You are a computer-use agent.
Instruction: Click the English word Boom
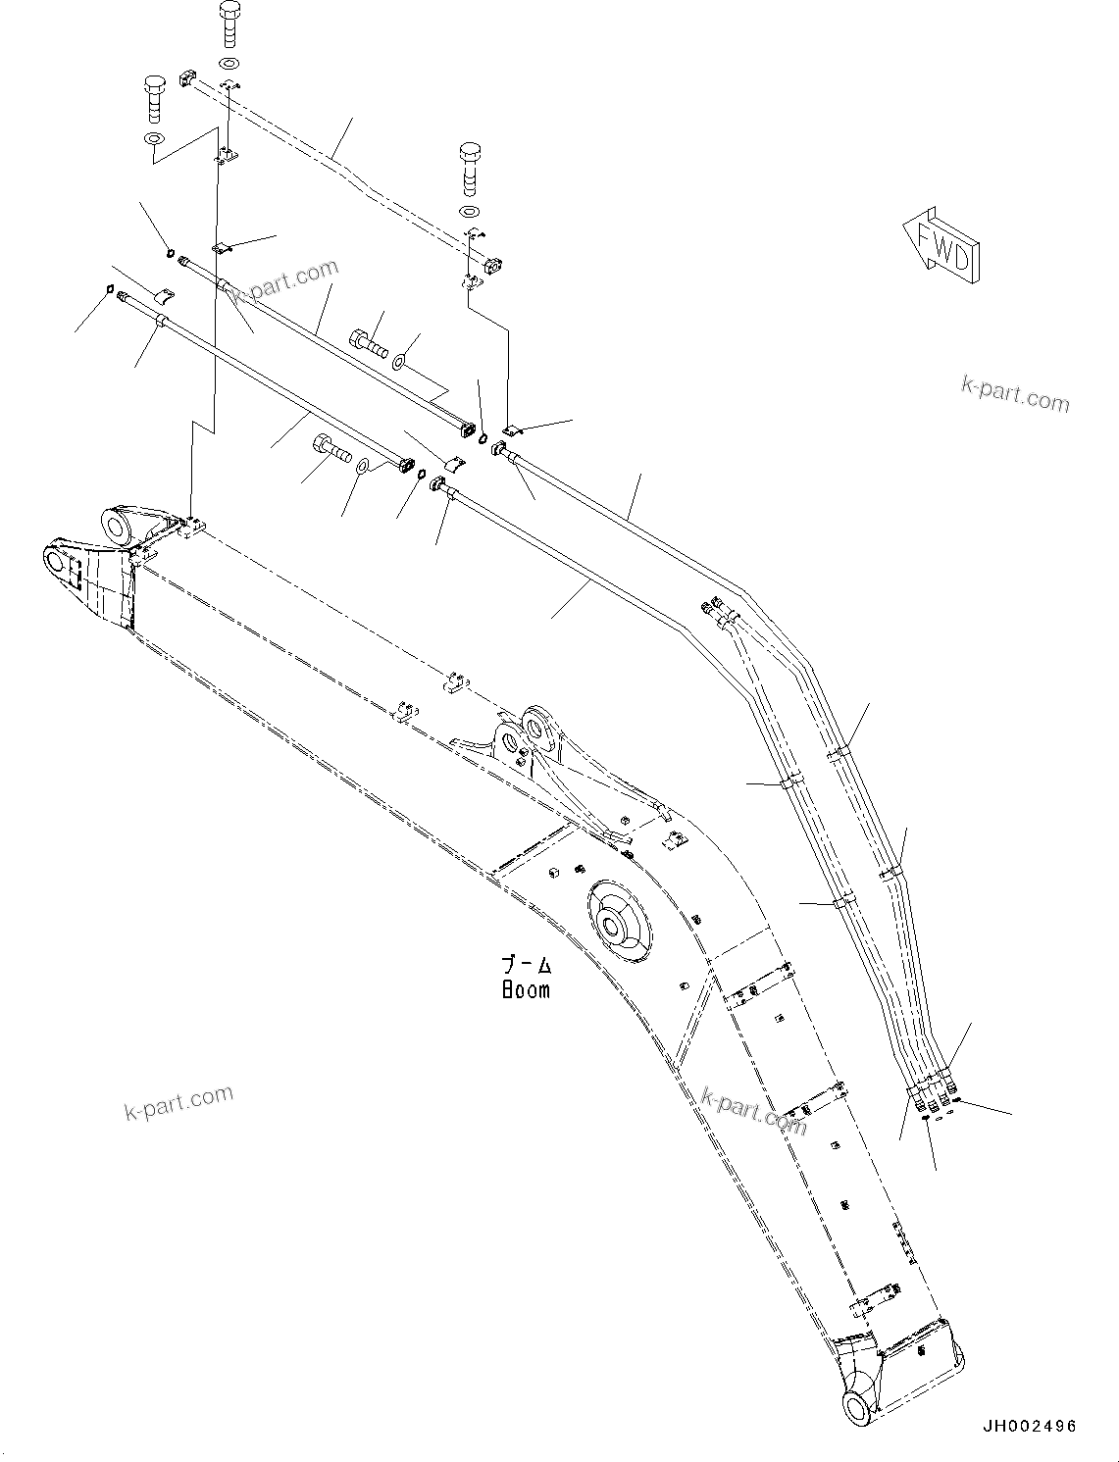(x=526, y=989)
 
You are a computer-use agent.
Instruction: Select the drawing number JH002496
(x=1027, y=1426)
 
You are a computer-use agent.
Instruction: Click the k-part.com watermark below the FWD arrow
(x=1015, y=394)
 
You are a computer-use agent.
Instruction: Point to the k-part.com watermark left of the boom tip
(x=178, y=1102)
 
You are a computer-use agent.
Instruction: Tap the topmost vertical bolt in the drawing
(x=229, y=25)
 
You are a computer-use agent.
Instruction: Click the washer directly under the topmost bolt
(x=229, y=64)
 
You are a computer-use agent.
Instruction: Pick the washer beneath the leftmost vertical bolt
(x=154, y=138)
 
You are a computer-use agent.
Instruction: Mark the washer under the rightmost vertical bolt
(x=470, y=212)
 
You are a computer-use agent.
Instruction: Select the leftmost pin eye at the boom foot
(x=59, y=560)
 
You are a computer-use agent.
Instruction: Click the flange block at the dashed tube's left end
(x=190, y=79)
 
